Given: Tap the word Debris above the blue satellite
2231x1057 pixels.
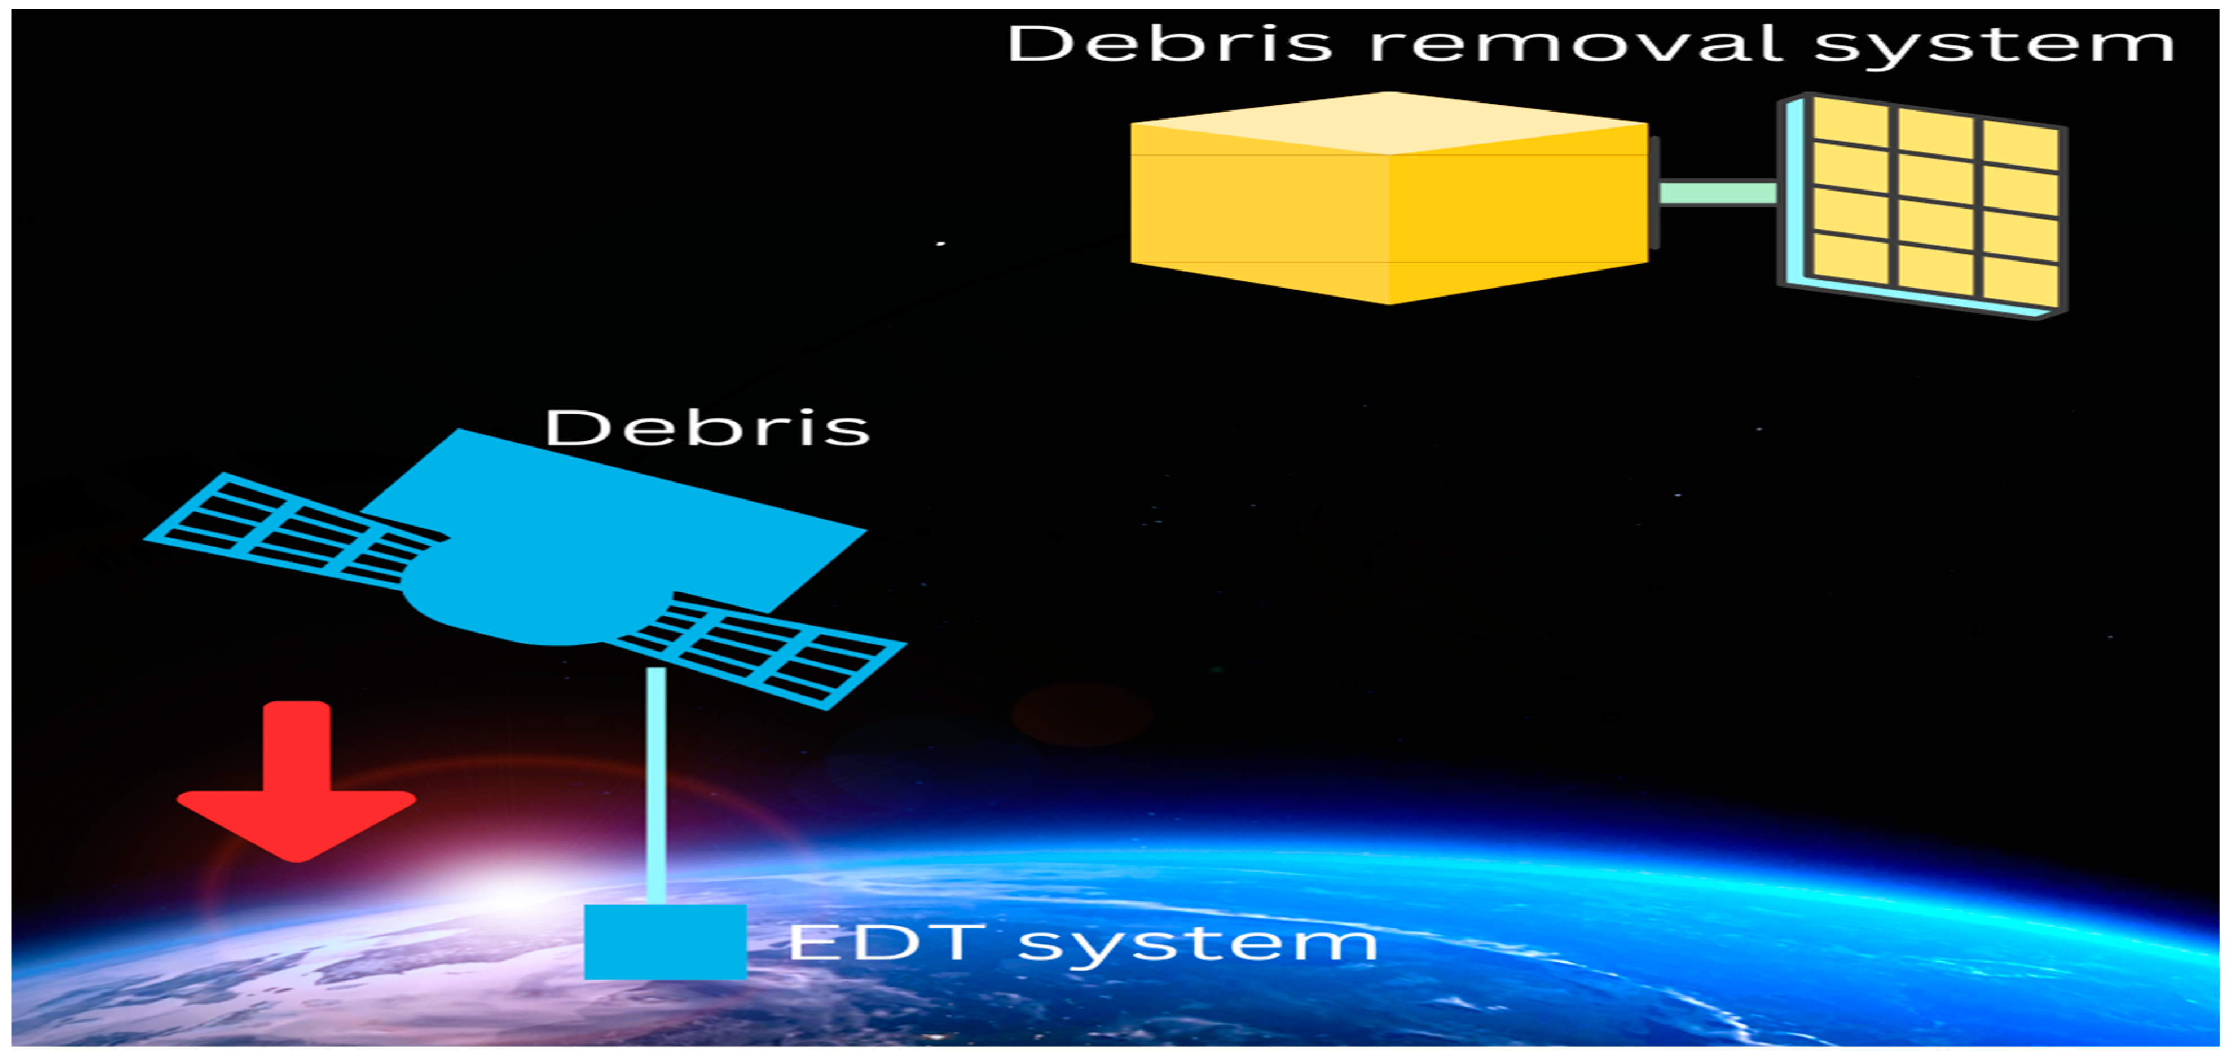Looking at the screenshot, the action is tap(706, 428).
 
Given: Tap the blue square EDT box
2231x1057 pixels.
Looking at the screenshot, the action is tap(665, 942).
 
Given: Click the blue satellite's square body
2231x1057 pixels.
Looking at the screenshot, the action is tap(623, 519).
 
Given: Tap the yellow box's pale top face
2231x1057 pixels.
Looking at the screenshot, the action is tap(1389, 123).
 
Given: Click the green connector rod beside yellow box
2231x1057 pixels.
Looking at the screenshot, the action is tap(1718, 192).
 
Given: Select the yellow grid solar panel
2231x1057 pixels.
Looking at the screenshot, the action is tap(1935, 204).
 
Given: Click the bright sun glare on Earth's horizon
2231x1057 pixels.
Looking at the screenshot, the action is tap(511, 892).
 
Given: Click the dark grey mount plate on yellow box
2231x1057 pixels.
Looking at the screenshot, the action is tap(1654, 192).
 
